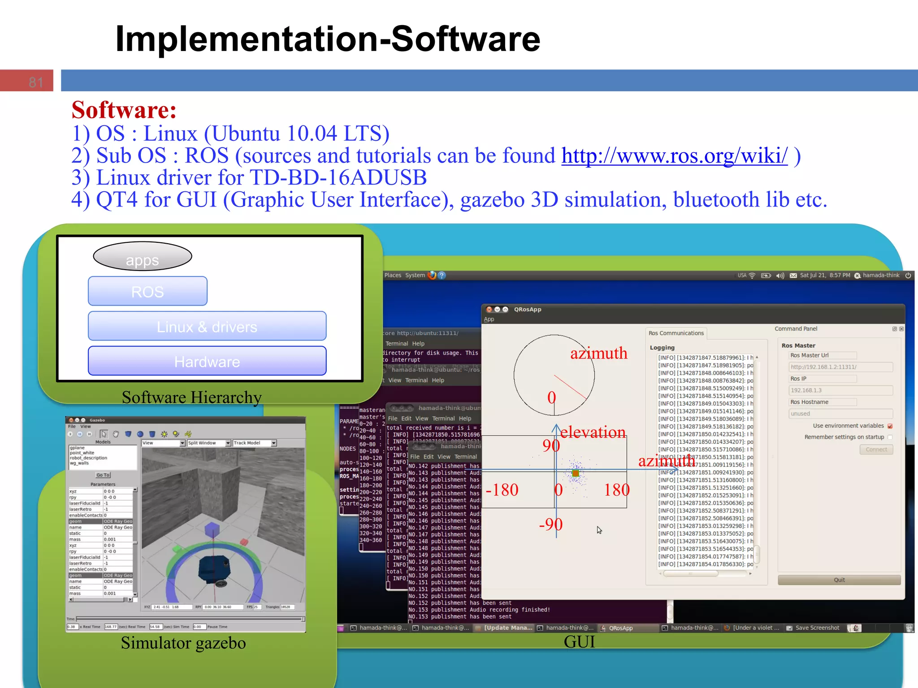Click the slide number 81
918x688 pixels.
point(35,82)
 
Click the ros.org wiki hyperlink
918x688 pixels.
point(674,156)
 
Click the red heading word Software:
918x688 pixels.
point(124,110)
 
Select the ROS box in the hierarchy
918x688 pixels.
point(147,292)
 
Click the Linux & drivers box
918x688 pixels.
point(207,327)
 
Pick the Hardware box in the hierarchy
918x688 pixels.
point(207,361)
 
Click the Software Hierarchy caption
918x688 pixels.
point(191,397)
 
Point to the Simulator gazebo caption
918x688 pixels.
point(183,643)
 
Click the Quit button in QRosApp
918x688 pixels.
point(839,580)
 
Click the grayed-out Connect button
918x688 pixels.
point(876,449)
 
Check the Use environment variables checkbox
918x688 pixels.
point(890,426)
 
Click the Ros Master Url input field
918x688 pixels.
point(840,367)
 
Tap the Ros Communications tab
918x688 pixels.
point(676,333)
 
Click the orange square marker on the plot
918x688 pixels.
point(576,473)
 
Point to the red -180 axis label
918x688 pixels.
point(502,490)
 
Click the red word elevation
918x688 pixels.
point(593,432)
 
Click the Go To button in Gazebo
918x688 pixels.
point(103,475)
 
